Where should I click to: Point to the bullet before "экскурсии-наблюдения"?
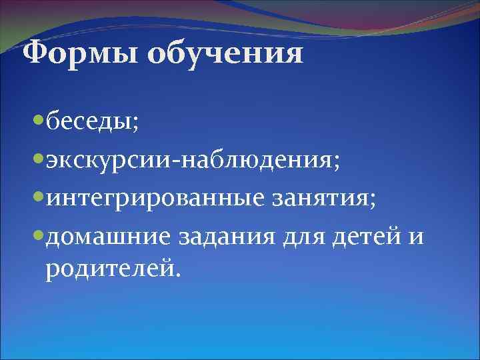38,161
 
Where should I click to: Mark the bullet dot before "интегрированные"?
38,199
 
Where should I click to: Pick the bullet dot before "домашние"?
38,237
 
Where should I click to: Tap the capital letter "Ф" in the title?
34,53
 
